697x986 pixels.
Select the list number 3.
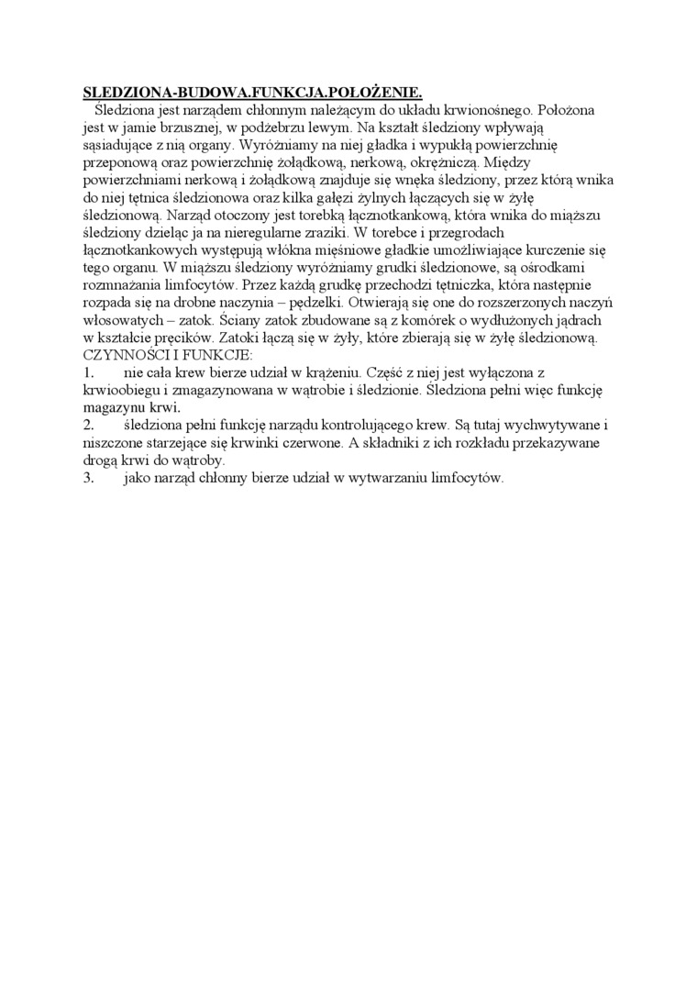pyautogui.click(x=89, y=478)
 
